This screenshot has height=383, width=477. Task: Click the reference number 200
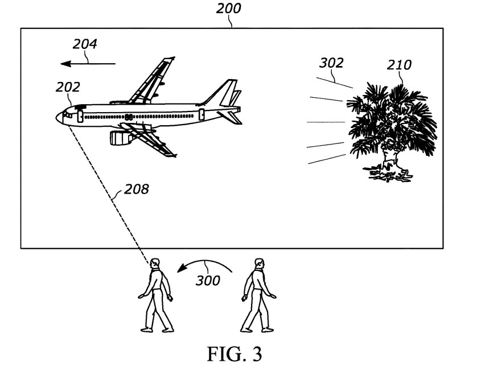point(228,8)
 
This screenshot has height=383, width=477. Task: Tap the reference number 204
point(85,44)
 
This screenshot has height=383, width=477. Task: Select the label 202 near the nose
point(68,87)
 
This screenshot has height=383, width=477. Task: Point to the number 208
point(137,189)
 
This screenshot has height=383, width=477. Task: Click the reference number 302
point(331,63)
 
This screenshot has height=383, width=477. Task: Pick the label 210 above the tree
point(399,65)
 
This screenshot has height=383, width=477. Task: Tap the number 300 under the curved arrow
point(208,281)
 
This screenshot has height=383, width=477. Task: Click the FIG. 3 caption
point(235,354)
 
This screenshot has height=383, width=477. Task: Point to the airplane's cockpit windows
point(67,115)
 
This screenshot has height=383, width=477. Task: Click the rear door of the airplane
point(202,114)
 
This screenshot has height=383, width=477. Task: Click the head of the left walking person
point(155,263)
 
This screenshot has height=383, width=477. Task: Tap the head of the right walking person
point(260,263)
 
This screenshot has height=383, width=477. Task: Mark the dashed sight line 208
point(109,195)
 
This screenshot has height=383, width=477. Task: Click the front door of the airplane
point(80,117)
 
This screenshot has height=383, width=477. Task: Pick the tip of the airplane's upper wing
point(174,57)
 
